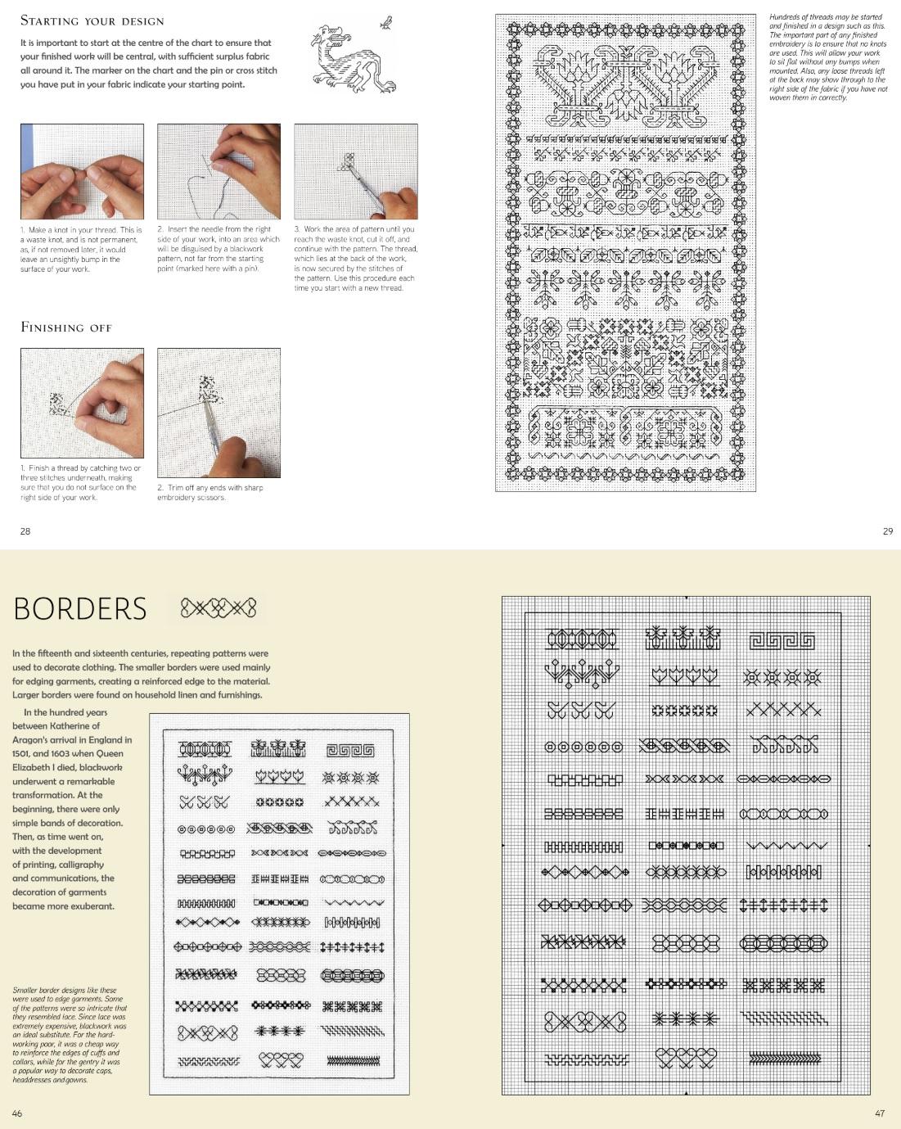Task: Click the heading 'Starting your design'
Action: pos(92,20)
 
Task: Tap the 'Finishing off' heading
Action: pos(66,327)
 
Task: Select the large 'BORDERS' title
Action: pos(80,609)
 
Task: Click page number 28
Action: pos(25,531)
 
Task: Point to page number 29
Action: pos(888,531)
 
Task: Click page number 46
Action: pos(17,1113)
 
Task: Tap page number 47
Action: pos(880,1113)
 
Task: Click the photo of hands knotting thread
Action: pos(82,171)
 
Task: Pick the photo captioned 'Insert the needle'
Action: pos(218,171)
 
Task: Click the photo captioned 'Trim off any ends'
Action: pos(218,413)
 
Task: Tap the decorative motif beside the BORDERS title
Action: pos(218,607)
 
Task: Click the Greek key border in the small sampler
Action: pos(350,750)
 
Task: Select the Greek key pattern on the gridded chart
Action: pos(782,639)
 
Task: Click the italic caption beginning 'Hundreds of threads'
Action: pos(827,57)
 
